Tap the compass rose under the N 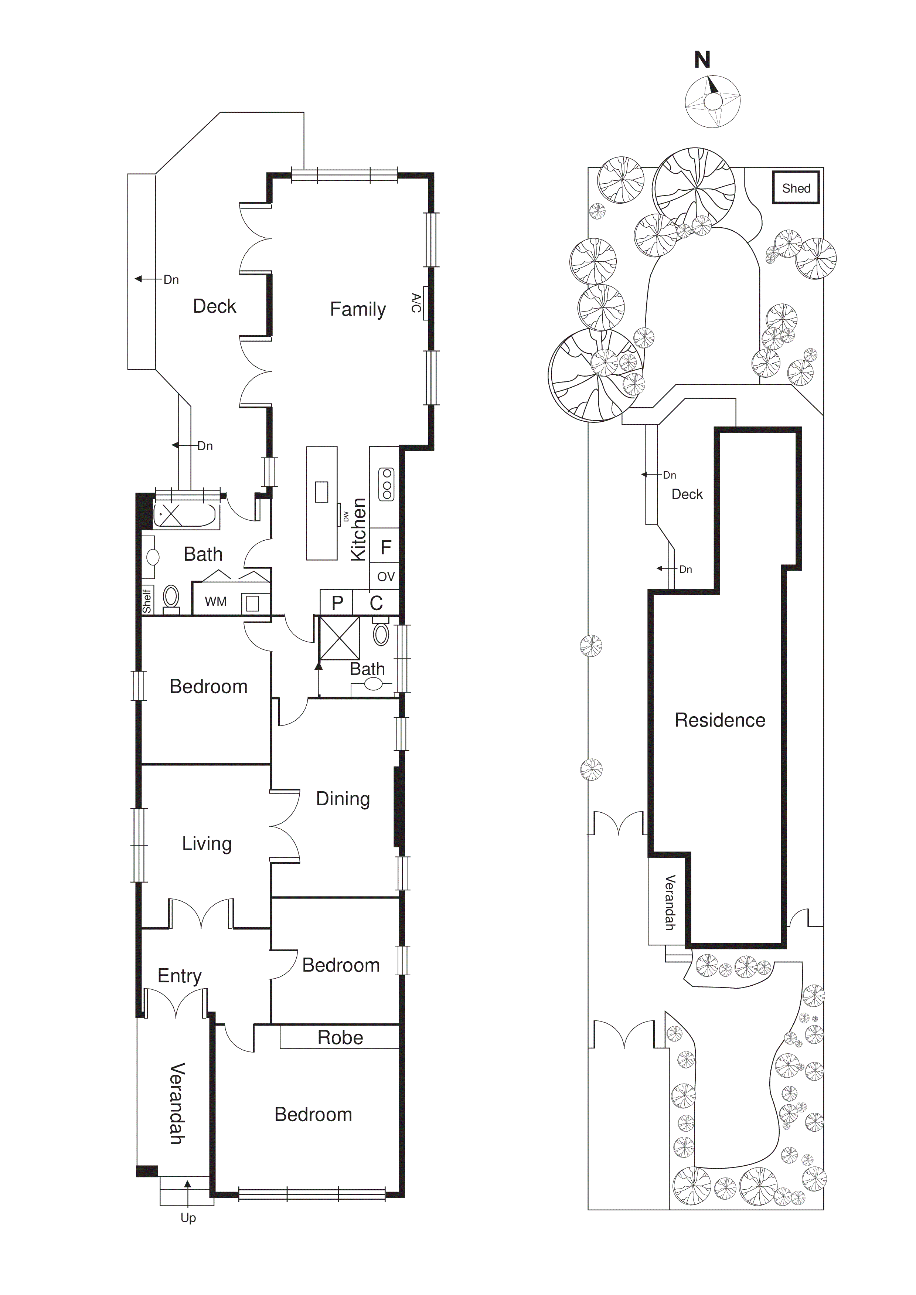[x=712, y=102]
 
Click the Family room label [x=358, y=309]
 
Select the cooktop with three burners [x=387, y=484]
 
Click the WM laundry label [x=215, y=601]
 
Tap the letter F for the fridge [x=386, y=547]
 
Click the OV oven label [x=386, y=577]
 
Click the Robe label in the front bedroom [x=340, y=1037]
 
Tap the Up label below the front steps [x=188, y=1218]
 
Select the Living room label [x=207, y=843]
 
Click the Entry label [x=179, y=976]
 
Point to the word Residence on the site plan [x=720, y=720]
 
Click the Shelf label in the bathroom [x=147, y=601]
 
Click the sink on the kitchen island [x=321, y=491]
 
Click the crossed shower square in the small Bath [x=340, y=638]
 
